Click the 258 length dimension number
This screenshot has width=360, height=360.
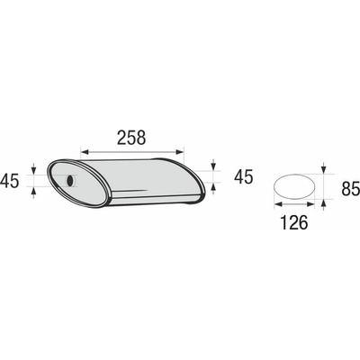(131, 138)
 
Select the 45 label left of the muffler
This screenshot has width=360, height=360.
(9, 181)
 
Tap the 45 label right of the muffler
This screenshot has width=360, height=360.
(243, 176)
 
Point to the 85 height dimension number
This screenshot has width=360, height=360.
(350, 189)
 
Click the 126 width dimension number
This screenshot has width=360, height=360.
(294, 222)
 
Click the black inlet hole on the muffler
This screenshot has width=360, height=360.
(70, 181)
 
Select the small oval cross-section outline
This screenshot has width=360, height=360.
(294, 185)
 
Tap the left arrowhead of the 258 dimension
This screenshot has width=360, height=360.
(85, 153)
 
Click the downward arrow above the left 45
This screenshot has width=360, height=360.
(33, 168)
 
